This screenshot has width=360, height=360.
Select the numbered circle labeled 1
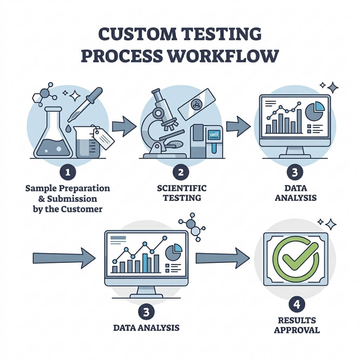[x=67, y=172]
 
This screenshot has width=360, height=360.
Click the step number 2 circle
[x=181, y=172]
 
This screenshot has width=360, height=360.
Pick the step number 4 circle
[x=297, y=304]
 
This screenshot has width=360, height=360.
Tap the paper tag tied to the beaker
[x=104, y=139]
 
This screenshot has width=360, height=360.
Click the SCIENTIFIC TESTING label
[x=181, y=193]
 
